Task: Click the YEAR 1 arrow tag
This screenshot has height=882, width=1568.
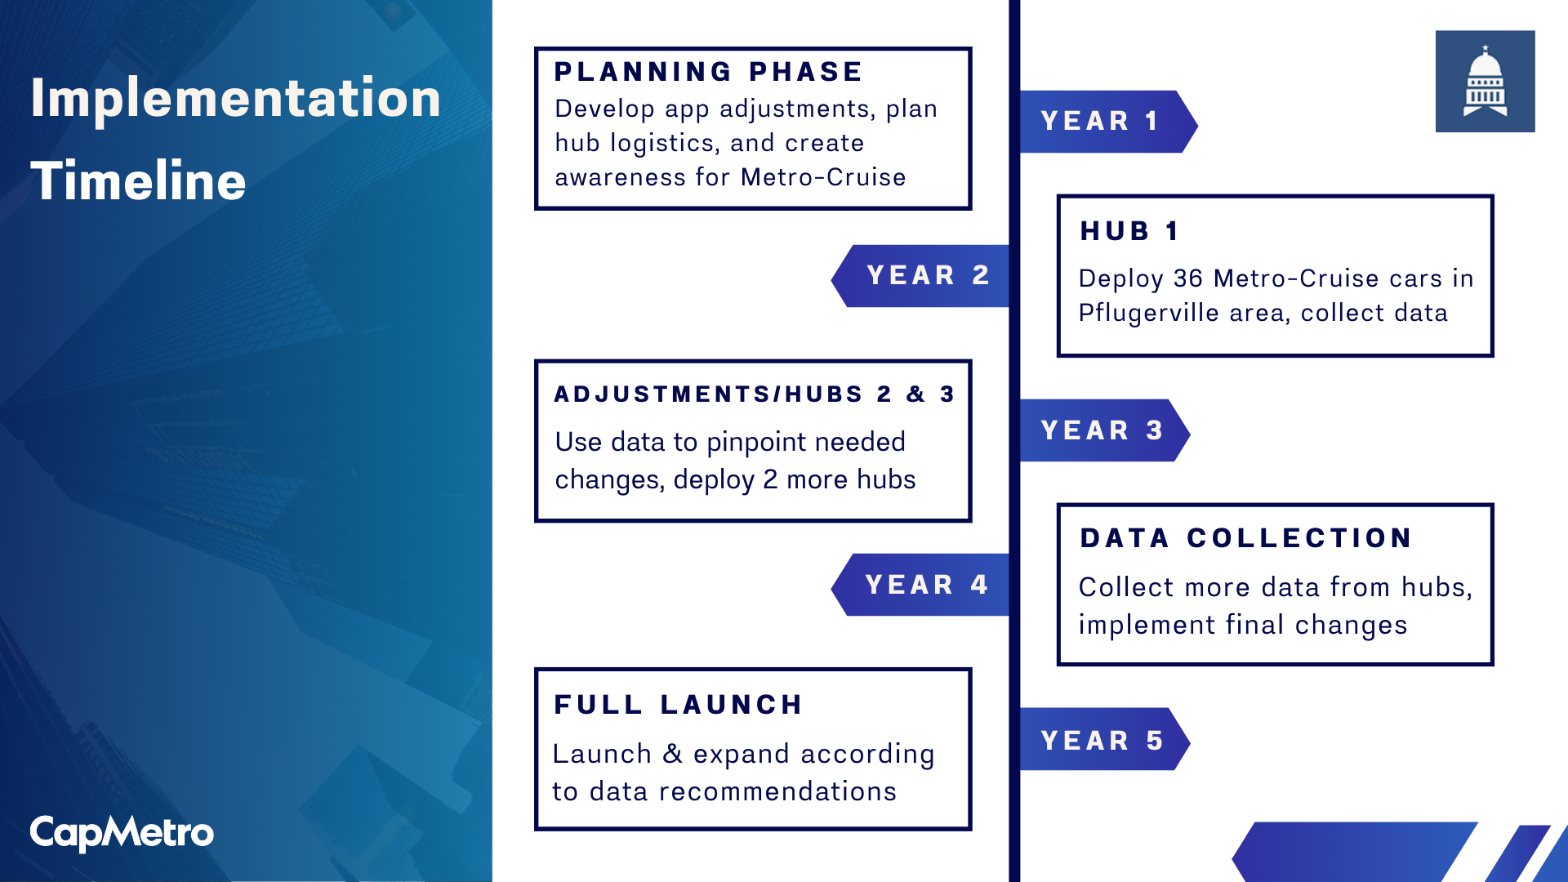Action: (1108, 122)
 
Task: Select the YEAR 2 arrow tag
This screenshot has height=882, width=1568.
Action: (920, 276)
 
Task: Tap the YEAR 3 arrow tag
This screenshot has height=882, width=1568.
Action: (1104, 430)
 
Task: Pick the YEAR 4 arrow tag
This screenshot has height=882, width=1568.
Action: (920, 585)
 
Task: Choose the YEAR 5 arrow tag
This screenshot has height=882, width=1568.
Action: (1104, 739)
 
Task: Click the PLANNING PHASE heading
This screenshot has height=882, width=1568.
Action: (708, 72)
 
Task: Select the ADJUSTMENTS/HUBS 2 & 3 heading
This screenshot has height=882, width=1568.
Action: (754, 394)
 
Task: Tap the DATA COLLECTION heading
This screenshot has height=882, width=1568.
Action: (1246, 538)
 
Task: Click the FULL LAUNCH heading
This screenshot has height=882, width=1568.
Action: (679, 705)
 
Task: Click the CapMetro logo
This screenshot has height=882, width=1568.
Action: (122, 833)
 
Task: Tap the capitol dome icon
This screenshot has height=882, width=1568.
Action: (1485, 81)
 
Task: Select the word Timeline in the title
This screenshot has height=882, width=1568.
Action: (138, 180)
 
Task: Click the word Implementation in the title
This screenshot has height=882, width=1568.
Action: (235, 98)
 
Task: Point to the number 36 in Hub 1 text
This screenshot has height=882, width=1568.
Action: (1188, 278)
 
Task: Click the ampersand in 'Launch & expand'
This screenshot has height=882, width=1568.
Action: (672, 754)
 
